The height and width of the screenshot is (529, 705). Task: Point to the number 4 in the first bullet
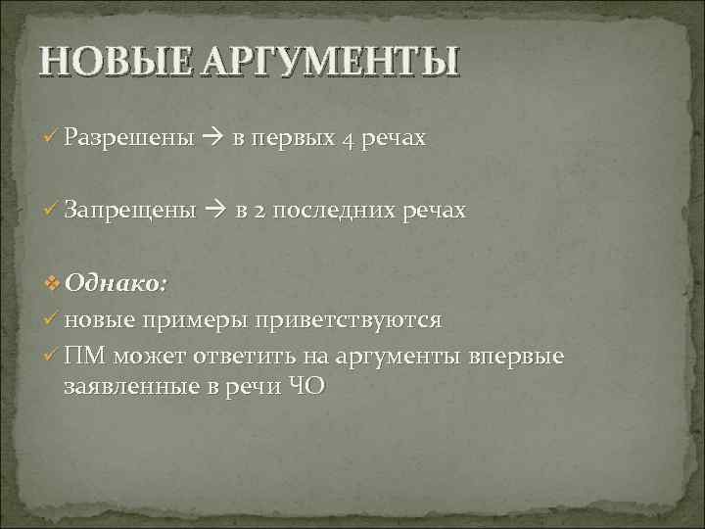click(x=349, y=139)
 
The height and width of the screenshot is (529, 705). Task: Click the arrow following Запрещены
click(x=215, y=212)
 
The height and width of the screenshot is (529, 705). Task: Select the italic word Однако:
click(x=117, y=284)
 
